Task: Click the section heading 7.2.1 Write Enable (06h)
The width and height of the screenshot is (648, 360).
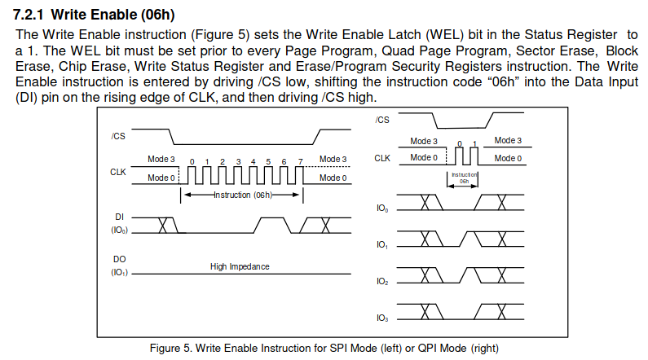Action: click(94, 15)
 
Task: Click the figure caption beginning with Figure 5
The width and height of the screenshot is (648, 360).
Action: click(323, 349)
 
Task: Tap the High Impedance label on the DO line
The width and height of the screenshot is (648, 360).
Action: click(239, 267)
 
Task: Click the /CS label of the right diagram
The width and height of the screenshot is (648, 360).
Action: click(382, 121)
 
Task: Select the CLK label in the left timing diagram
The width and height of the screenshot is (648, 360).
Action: click(118, 172)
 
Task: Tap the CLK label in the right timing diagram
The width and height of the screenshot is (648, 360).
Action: click(383, 157)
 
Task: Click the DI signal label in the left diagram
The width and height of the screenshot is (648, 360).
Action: click(119, 217)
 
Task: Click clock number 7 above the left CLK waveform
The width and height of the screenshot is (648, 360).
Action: click(300, 161)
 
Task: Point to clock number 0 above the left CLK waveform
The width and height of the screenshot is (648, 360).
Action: click(192, 161)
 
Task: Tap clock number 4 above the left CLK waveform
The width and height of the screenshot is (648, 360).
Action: click(253, 161)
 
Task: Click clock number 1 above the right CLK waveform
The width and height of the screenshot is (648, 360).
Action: click(474, 143)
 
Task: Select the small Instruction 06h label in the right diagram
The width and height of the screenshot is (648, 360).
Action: click(464, 178)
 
